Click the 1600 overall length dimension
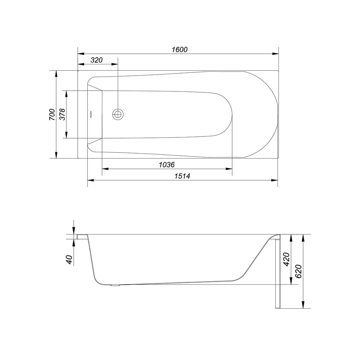point(180,49)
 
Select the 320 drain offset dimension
point(96,60)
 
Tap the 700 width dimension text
point(52,114)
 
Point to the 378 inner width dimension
point(63,114)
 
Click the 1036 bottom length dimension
point(167,165)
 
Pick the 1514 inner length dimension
point(182,176)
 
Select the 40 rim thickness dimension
point(69,259)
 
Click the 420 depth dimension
point(286,259)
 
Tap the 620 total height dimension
point(298,271)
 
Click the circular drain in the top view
point(118,114)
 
